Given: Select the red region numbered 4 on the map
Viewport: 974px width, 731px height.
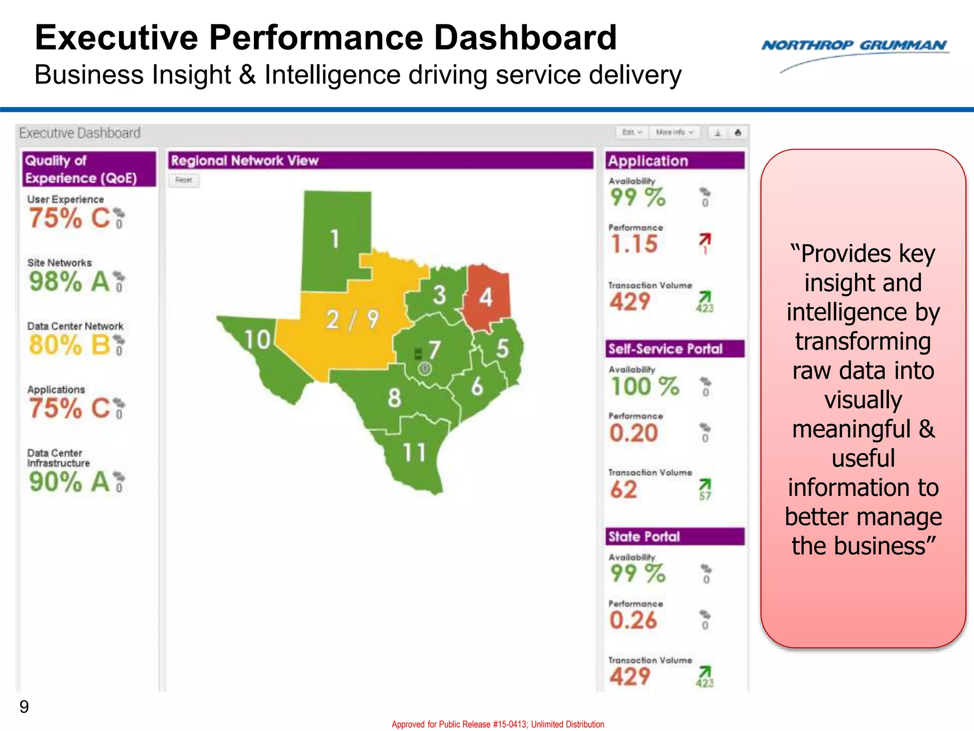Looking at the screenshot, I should (487, 297).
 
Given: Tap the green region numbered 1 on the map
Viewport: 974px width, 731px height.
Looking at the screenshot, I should (335, 238).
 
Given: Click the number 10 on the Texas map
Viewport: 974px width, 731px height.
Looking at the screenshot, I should (257, 340).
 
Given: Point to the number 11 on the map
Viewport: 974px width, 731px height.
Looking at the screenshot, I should (414, 452).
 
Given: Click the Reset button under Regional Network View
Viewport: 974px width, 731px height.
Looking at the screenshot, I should (184, 180).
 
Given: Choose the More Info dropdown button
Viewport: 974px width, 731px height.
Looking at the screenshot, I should (674, 132).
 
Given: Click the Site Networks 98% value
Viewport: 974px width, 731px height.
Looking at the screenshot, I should (55, 281).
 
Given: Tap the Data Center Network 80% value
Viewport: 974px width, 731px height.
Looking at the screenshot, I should (55, 345).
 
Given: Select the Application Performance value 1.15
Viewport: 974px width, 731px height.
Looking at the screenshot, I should (634, 244).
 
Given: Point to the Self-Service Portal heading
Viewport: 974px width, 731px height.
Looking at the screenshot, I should (665, 349).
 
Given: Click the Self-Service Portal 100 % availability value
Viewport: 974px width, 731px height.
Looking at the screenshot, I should (645, 386).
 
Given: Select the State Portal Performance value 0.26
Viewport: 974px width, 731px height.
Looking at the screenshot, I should (633, 621).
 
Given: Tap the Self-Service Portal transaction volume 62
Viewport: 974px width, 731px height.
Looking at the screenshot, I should (623, 490).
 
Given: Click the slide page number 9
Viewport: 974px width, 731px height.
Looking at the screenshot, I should (24, 707).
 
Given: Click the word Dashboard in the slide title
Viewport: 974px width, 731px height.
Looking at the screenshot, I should (525, 38).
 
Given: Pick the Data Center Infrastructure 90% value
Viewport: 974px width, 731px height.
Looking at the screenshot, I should (55, 482).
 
